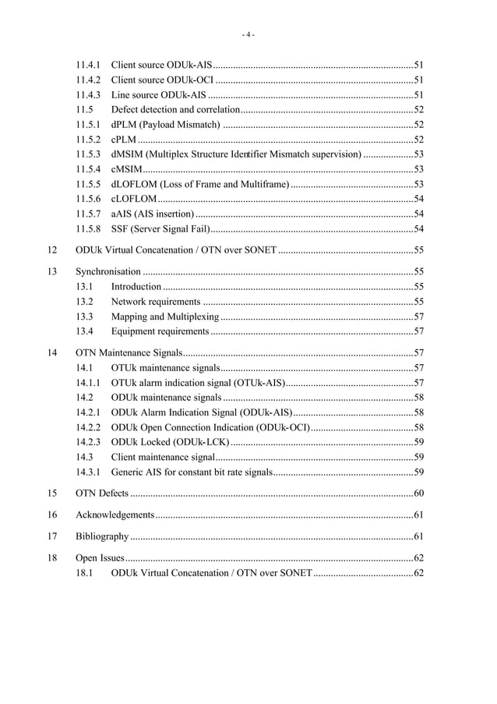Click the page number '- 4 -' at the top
(x=248, y=34)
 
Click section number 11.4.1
(x=88, y=65)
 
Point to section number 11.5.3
(x=88, y=154)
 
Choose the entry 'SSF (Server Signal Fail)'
(x=160, y=229)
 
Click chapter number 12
(x=52, y=251)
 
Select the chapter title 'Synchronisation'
(x=108, y=273)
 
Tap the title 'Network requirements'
(x=156, y=302)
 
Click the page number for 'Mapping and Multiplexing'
(x=418, y=317)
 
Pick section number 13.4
(x=84, y=332)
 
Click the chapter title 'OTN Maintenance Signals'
(x=130, y=353)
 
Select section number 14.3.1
(x=88, y=472)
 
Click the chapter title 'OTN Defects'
(x=102, y=494)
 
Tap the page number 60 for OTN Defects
(x=418, y=494)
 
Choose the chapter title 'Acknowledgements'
(x=115, y=515)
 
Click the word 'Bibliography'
(x=102, y=537)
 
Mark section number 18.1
(x=84, y=574)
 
